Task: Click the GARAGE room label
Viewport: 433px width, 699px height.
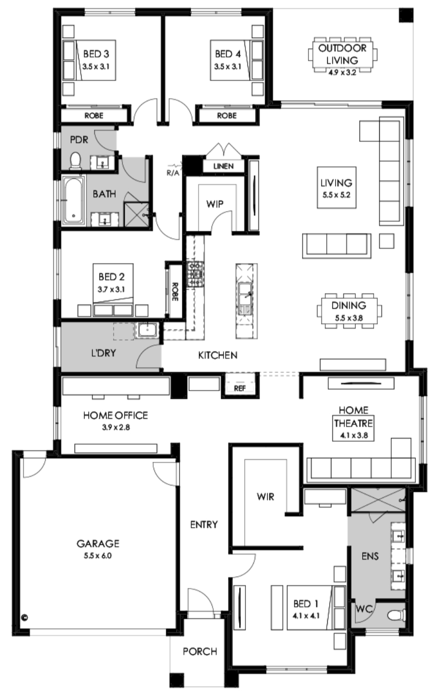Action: coord(98,543)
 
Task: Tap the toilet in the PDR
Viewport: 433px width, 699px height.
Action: coord(75,161)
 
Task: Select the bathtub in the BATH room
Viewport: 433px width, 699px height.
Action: coord(73,200)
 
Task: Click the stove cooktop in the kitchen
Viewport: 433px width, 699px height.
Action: coord(195,275)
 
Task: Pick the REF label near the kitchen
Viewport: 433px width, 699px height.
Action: coord(240,388)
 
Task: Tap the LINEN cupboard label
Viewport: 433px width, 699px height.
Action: coord(224,166)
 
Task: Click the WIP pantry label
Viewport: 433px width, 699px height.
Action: coord(215,204)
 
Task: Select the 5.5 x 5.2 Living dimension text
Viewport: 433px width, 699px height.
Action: coord(336,195)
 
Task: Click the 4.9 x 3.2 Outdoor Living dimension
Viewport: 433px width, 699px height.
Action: coord(342,72)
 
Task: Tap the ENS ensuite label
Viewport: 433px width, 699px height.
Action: coord(370,556)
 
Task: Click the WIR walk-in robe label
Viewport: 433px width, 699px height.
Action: coord(265,496)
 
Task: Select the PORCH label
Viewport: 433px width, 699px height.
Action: coord(200,651)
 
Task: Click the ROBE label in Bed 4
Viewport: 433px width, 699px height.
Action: coord(227,116)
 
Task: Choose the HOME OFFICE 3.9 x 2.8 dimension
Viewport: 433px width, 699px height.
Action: coord(116,427)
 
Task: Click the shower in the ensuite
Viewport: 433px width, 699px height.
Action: coord(378,500)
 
